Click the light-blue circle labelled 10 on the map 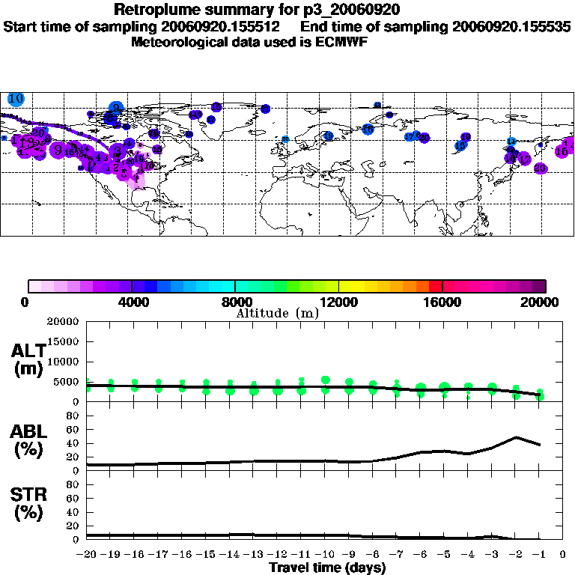(x=16, y=99)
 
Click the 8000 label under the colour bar (x=236, y=302)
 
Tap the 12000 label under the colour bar (x=339, y=302)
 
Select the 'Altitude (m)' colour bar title (x=277, y=313)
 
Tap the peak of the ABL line (x=516, y=437)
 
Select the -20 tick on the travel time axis (x=86, y=555)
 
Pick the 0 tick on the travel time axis (x=562, y=555)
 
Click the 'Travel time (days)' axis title (x=327, y=568)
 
